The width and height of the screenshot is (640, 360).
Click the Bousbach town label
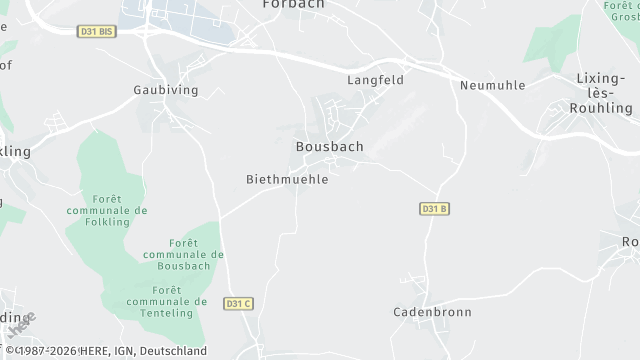click(x=329, y=146)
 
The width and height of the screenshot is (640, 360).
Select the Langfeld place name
click(x=375, y=80)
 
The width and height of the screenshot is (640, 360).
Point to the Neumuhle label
click(x=492, y=85)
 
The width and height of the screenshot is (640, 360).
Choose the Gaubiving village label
click(x=166, y=90)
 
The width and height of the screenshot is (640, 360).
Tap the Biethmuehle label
click(x=287, y=180)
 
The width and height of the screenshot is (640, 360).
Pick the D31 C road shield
click(x=238, y=303)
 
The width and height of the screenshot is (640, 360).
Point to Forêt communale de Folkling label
click(x=106, y=204)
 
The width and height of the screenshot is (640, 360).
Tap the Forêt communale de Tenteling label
click(x=167, y=295)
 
